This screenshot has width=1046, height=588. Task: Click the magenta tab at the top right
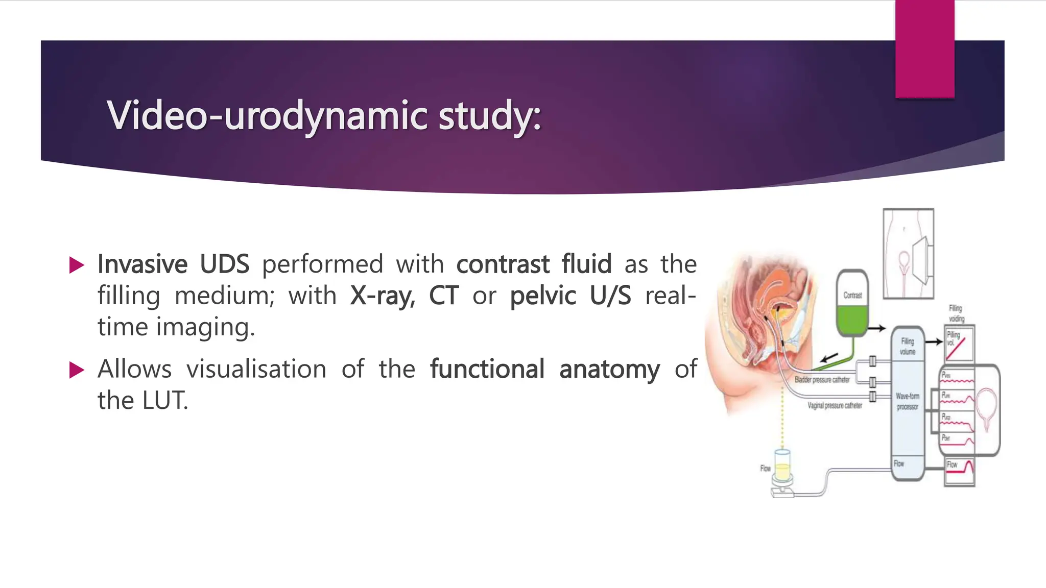[x=924, y=48]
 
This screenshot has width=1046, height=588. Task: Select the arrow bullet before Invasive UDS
[x=77, y=265]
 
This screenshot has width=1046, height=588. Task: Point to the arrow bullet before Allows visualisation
[x=77, y=370]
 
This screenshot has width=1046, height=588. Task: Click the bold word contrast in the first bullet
[x=503, y=264]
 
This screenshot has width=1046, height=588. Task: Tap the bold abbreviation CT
[x=443, y=296]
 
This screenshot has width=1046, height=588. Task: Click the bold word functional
[x=487, y=369]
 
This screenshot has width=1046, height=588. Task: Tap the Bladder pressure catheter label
[x=822, y=380]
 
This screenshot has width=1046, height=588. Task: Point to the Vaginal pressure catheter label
[x=835, y=406]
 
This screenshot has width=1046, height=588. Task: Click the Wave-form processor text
[x=907, y=401]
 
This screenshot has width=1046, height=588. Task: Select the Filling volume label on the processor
[x=907, y=347]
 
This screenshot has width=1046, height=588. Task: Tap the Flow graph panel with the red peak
[x=960, y=471]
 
